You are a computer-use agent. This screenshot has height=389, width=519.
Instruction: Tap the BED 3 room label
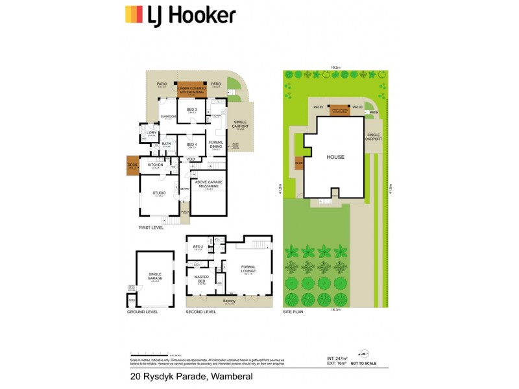point(191,110)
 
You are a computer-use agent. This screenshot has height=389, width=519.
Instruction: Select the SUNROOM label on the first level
point(168,117)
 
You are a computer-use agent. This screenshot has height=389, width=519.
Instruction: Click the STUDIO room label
point(159,193)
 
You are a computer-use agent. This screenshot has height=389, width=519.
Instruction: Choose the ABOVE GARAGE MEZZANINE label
point(209,183)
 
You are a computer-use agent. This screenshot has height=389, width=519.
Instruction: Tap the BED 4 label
point(191,145)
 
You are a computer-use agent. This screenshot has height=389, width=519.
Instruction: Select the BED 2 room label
point(198,248)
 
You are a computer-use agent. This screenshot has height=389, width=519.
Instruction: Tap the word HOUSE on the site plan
point(335,157)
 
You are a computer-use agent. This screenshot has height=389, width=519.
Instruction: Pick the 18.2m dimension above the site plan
point(335,67)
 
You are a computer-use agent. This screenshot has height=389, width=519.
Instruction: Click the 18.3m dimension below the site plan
point(335,311)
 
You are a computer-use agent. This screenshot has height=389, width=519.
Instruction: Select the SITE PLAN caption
point(293,312)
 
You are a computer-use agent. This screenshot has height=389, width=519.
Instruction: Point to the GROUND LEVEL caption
point(143,312)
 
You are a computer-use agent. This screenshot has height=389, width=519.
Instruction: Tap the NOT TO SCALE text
point(365,364)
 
